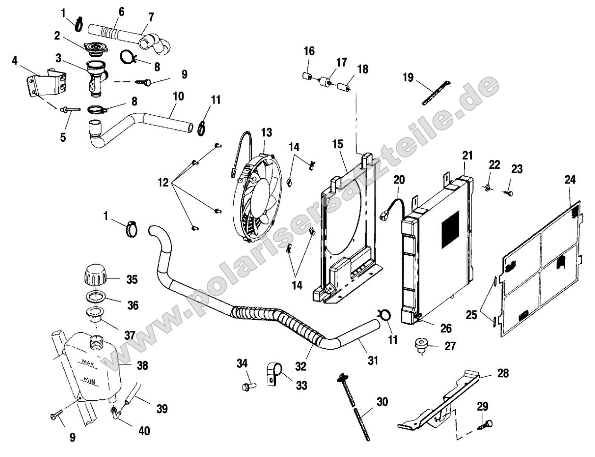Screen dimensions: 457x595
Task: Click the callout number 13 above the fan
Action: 266,132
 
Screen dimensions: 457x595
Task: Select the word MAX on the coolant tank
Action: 88,363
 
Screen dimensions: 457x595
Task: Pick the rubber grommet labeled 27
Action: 420,345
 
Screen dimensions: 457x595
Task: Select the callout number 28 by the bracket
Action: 503,373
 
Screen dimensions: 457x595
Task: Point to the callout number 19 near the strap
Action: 408,77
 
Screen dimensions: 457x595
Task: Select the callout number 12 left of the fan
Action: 163,182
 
